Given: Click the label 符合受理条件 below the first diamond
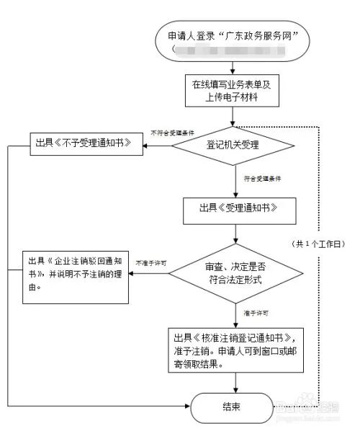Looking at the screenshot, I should [261, 177].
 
